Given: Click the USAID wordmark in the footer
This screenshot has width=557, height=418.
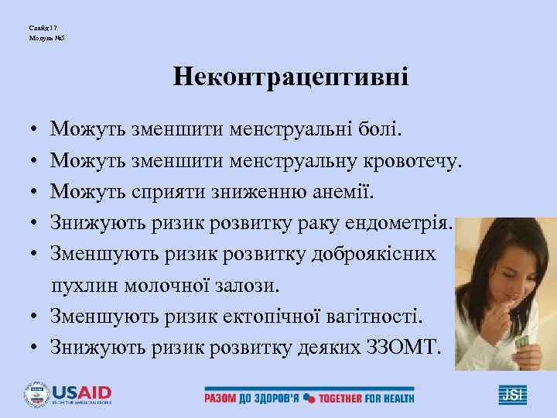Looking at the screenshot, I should (x=81, y=391).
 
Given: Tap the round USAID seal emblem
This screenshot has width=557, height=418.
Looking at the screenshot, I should (x=36, y=393).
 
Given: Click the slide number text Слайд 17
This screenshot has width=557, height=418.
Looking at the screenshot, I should (x=39, y=27).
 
